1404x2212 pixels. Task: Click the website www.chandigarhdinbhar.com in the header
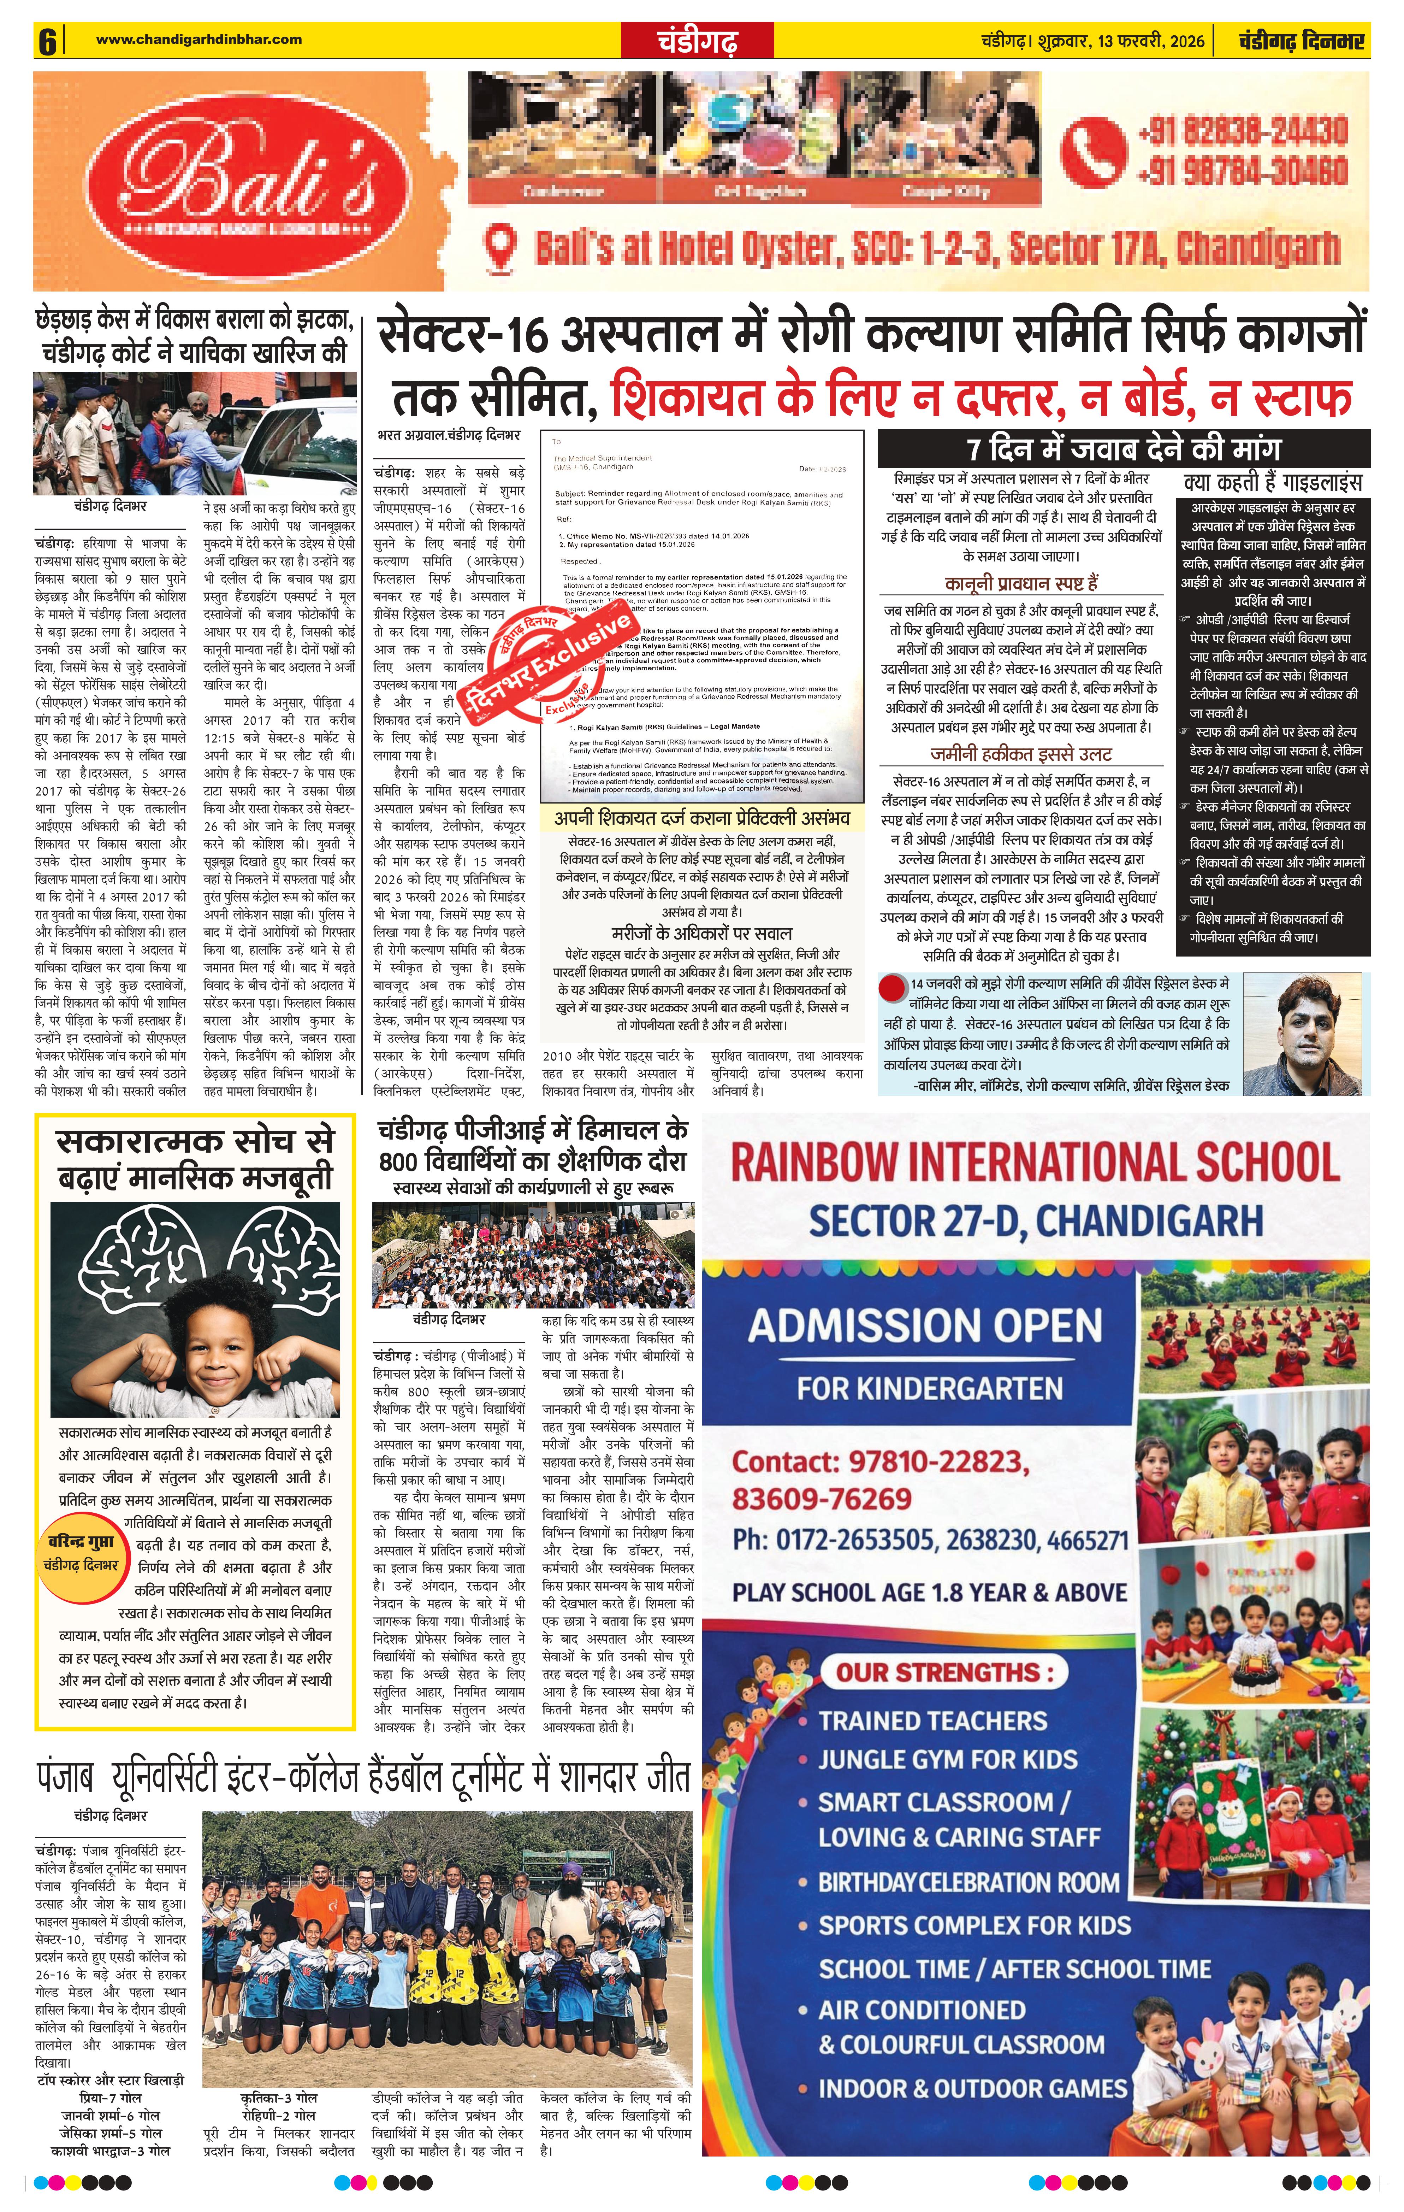199,39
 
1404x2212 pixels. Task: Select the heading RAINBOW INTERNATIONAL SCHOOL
1035,1162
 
